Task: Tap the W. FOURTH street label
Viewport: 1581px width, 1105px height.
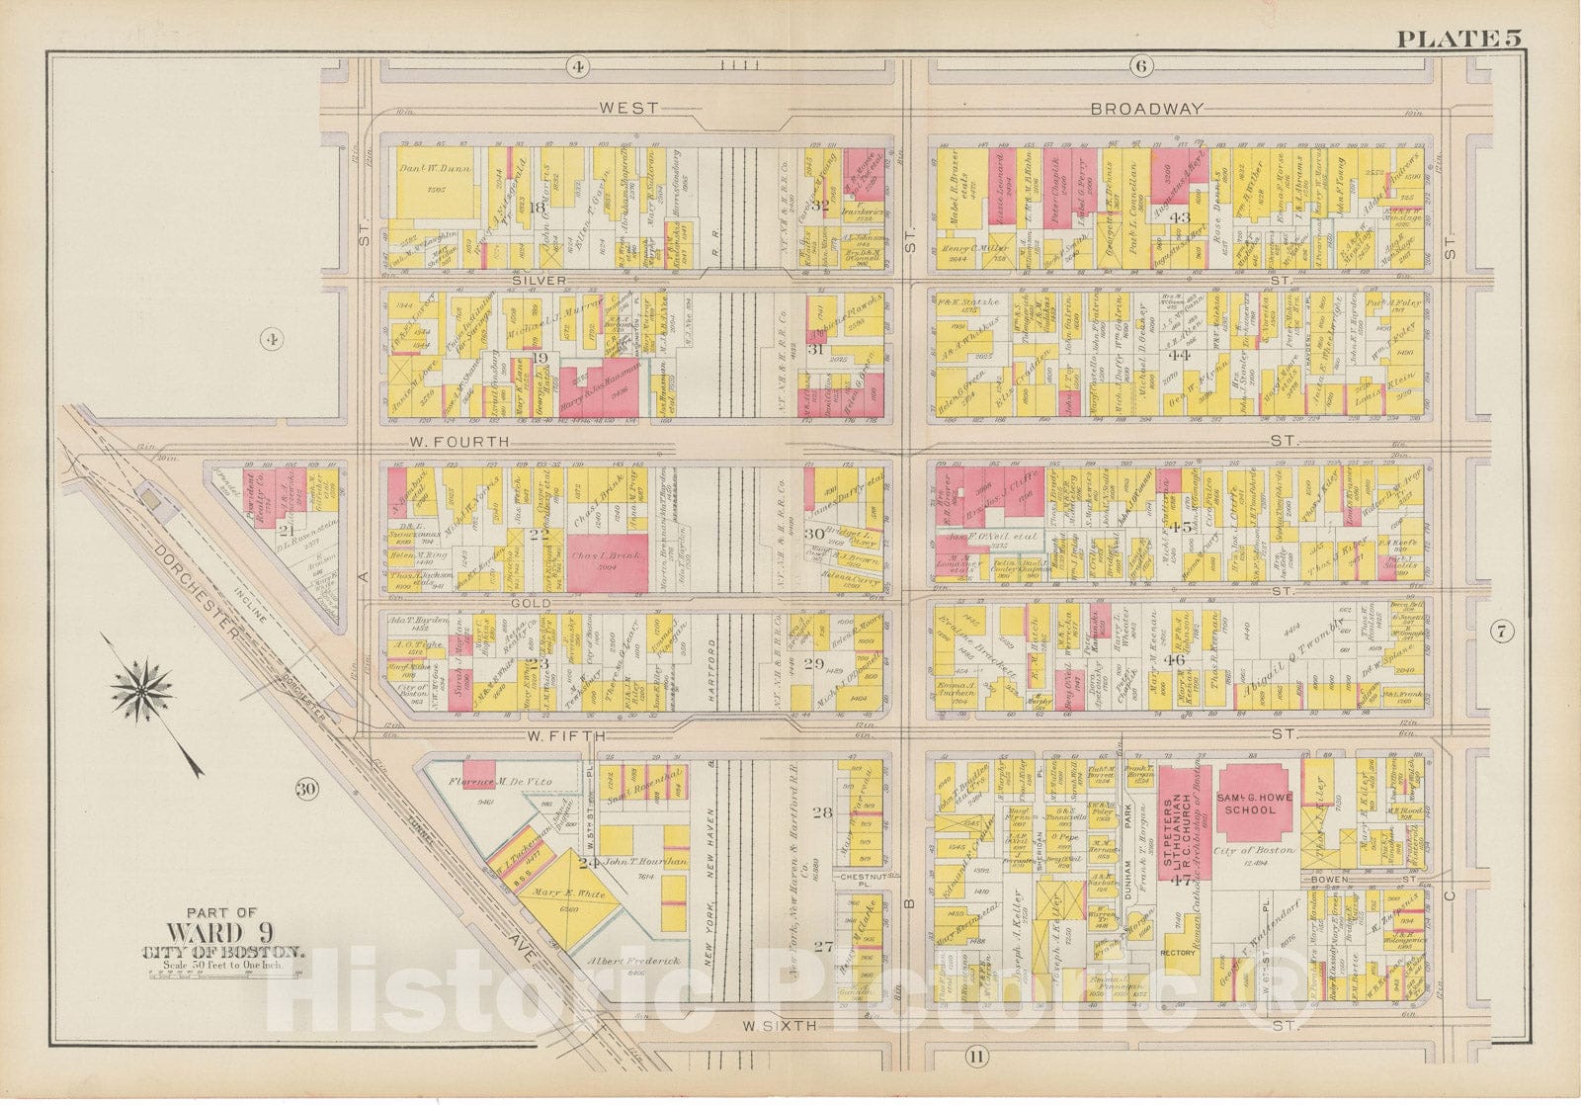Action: pyautogui.click(x=469, y=442)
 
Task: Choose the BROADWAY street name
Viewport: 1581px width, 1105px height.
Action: pyautogui.click(x=1146, y=109)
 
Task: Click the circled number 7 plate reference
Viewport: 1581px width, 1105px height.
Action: pyautogui.click(x=1500, y=635)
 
